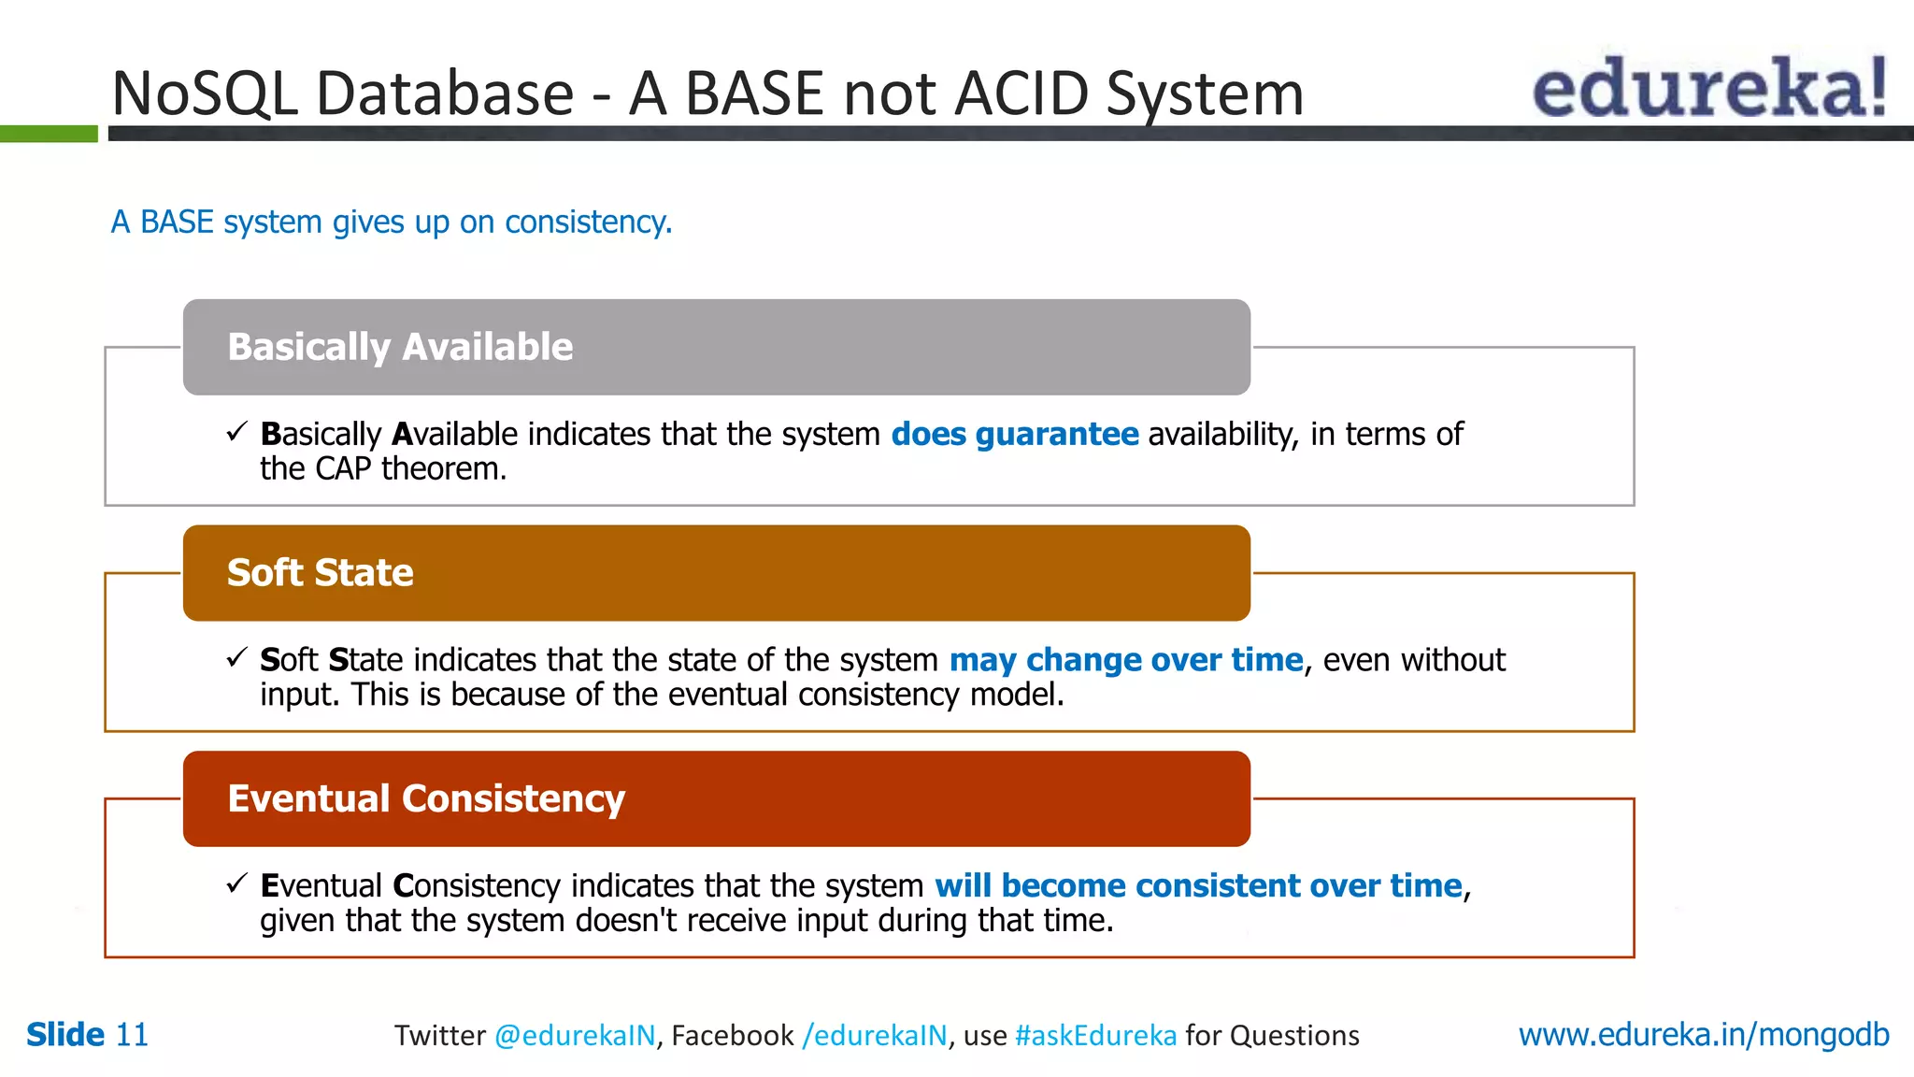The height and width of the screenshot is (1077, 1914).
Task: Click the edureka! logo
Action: [x=1708, y=88]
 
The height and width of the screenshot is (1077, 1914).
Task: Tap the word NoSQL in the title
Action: [x=204, y=93]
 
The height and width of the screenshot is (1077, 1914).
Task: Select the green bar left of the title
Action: [x=49, y=134]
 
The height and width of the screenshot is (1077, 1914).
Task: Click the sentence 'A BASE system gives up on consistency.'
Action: [x=392, y=223]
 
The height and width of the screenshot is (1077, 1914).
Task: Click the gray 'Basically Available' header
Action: [x=716, y=347]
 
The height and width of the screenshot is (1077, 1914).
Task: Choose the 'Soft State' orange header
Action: [x=716, y=573]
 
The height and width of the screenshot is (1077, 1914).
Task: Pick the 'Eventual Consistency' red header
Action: [x=716, y=799]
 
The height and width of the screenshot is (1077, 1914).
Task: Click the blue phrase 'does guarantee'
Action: [x=1014, y=435]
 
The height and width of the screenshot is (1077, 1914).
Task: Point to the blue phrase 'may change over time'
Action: [x=1125, y=660]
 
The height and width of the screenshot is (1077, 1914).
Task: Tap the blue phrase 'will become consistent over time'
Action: [x=1197, y=885]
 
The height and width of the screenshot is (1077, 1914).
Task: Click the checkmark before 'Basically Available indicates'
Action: [x=236, y=432]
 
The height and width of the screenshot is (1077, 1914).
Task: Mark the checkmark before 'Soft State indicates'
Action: [x=236, y=658]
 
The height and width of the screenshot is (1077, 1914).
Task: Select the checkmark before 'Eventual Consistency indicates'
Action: [x=236, y=883]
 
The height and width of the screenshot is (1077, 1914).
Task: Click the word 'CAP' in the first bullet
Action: [x=343, y=469]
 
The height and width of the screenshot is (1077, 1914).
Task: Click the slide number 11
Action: [x=132, y=1035]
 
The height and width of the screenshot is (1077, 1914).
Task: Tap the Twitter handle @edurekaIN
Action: [x=574, y=1036]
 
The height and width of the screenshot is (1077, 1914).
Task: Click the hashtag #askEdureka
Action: [x=1095, y=1036]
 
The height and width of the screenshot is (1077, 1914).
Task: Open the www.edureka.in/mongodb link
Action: [x=1703, y=1035]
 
